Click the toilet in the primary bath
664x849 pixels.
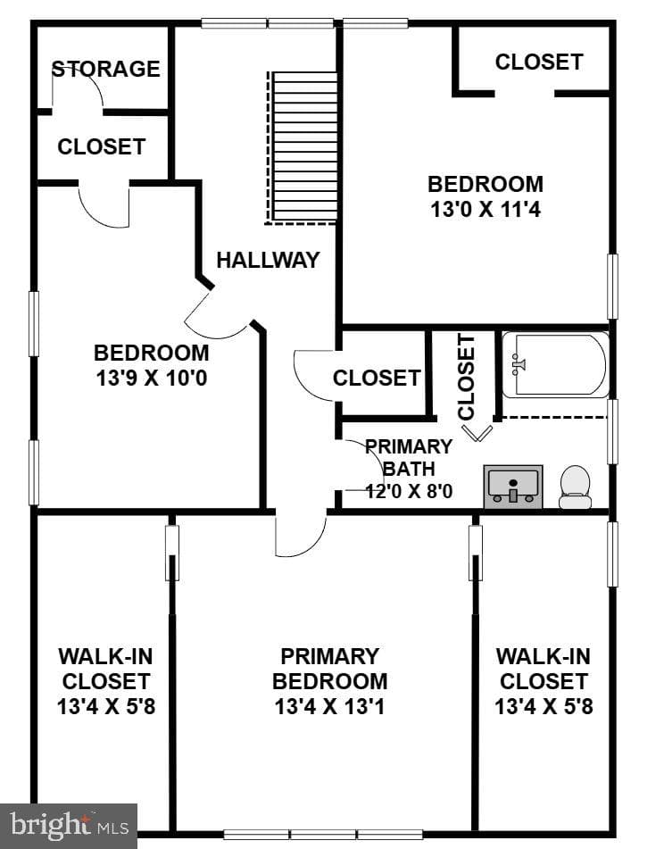click(x=575, y=487)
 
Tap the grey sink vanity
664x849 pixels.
click(x=513, y=487)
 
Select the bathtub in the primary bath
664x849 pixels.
click(x=555, y=365)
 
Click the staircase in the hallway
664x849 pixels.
click(x=302, y=148)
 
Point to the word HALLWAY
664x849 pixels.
click(x=269, y=260)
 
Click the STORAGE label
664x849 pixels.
click(x=106, y=69)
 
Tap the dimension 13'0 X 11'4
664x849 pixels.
click(x=486, y=209)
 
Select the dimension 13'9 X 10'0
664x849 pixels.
click(x=152, y=378)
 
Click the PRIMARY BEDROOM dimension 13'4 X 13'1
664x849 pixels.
click(x=329, y=706)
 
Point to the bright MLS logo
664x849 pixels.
click(x=70, y=826)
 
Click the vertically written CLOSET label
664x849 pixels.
click(x=466, y=377)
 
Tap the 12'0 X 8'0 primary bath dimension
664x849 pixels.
click(x=409, y=491)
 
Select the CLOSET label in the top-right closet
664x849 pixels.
click(x=539, y=62)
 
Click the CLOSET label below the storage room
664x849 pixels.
click(x=102, y=146)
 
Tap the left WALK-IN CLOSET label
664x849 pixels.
click(x=106, y=682)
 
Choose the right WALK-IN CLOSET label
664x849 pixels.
click(x=544, y=682)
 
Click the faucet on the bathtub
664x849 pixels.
click(x=518, y=364)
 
